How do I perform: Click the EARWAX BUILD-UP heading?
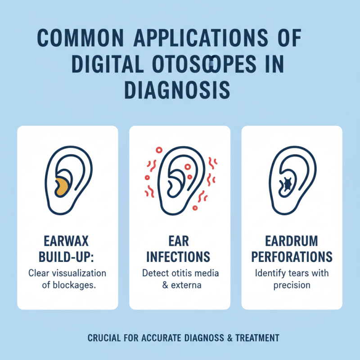pos(67,248)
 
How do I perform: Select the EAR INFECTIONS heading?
pos(180,248)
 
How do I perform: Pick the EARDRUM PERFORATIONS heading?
pos(292,248)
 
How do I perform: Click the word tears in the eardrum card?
pos(300,273)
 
